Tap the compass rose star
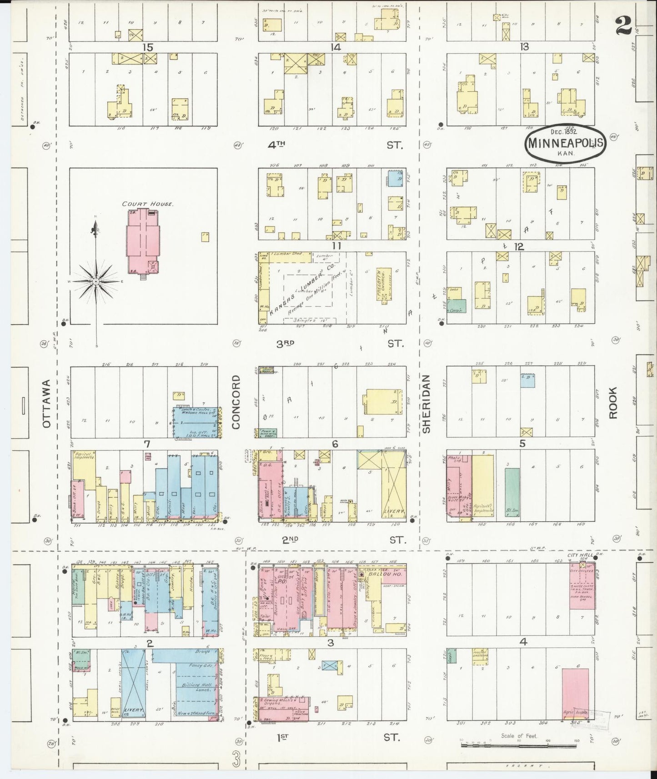point(96,282)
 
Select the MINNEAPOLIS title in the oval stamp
point(566,143)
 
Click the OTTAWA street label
point(46,410)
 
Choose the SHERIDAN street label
point(426,404)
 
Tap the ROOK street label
point(613,403)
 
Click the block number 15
point(147,47)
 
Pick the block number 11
point(336,246)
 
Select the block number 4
point(523,642)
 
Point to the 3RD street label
point(286,344)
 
